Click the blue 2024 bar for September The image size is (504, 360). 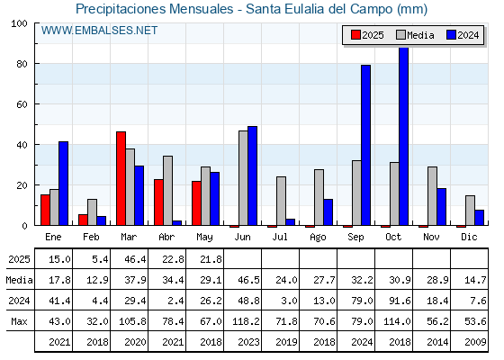(x=365, y=145)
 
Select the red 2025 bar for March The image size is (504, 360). (x=121, y=178)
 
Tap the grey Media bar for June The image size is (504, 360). (x=243, y=178)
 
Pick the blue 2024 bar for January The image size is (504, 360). (x=63, y=184)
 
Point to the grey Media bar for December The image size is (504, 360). (x=470, y=211)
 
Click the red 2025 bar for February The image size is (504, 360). (x=83, y=220)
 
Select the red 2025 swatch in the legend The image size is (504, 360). (x=355, y=35)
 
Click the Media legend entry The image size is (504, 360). (x=415, y=35)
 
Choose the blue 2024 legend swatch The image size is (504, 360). (x=451, y=35)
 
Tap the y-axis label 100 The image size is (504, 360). (x=19, y=23)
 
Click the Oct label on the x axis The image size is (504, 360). (x=393, y=237)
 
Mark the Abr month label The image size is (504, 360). (x=166, y=237)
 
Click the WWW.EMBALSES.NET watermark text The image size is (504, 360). (x=99, y=31)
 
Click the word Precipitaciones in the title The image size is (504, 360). (x=121, y=9)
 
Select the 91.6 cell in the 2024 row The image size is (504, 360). (x=400, y=301)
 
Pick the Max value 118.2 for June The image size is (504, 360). (x=246, y=321)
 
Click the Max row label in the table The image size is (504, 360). (x=19, y=321)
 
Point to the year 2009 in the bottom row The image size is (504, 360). (x=475, y=342)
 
